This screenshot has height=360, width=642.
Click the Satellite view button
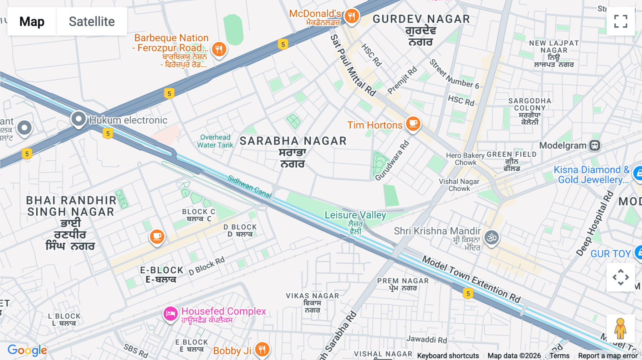[x=92, y=21]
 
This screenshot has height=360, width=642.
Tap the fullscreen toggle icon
[x=621, y=21]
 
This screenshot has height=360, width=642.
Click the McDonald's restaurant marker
[x=352, y=16]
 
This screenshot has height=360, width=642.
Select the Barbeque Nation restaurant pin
[x=219, y=49]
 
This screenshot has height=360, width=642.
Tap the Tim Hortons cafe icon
[x=413, y=124]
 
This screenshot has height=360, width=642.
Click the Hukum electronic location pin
[x=78, y=119]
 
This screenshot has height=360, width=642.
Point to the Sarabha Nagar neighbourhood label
[x=293, y=141]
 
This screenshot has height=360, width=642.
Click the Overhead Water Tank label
[x=215, y=141]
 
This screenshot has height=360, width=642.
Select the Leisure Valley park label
[x=355, y=215]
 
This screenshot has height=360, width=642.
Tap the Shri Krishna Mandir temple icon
[x=491, y=237]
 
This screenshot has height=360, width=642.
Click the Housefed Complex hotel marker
[x=170, y=314]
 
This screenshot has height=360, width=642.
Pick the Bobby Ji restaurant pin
[x=262, y=349]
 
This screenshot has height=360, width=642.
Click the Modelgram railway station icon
[x=595, y=145]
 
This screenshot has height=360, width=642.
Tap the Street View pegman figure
[x=620, y=329]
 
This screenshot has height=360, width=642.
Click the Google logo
[x=27, y=350]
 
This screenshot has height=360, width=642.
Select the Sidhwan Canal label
[x=250, y=187]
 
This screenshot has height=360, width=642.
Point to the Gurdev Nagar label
[x=421, y=19]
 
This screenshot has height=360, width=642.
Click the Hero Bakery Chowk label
[x=465, y=159]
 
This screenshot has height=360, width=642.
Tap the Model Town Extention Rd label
[x=471, y=279]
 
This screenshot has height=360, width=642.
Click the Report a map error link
[x=608, y=356]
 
